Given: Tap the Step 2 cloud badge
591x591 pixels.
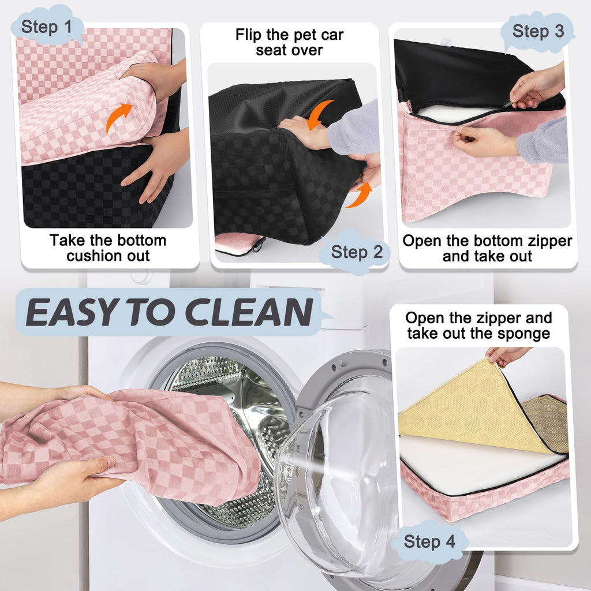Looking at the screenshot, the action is (x=355, y=252).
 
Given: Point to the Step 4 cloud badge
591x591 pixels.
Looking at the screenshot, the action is (x=429, y=541).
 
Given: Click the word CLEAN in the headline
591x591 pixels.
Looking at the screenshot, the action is (x=249, y=312).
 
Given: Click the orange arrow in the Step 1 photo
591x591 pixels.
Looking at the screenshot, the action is (x=118, y=118).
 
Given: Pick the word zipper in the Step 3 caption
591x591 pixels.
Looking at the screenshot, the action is (x=550, y=241).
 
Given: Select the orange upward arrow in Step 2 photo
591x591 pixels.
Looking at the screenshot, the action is (x=359, y=195).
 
